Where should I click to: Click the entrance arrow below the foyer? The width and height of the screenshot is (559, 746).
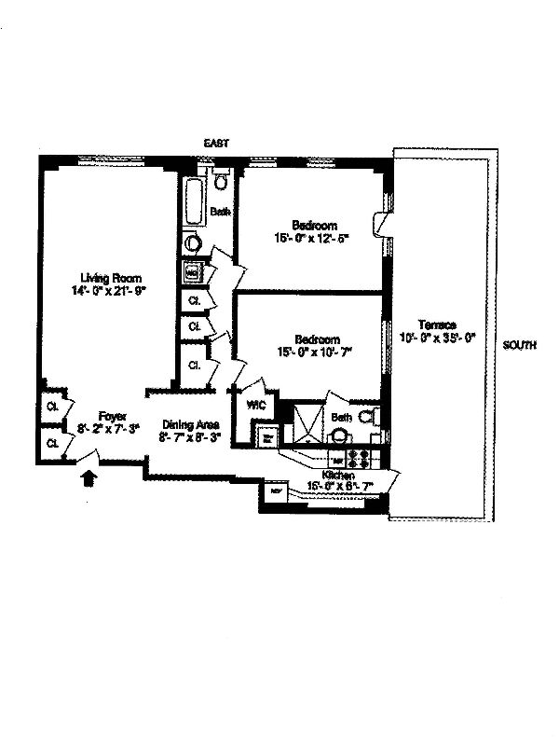tap(89, 478)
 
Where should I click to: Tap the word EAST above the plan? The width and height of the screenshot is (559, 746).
tap(216, 143)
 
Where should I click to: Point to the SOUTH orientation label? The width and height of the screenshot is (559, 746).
tap(519, 344)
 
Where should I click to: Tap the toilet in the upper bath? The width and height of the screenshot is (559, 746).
tap(221, 180)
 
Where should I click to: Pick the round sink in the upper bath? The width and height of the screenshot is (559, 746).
tap(193, 244)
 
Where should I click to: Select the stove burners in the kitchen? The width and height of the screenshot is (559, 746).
tap(360, 458)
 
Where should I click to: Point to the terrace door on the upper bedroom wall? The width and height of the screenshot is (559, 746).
tap(381, 224)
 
